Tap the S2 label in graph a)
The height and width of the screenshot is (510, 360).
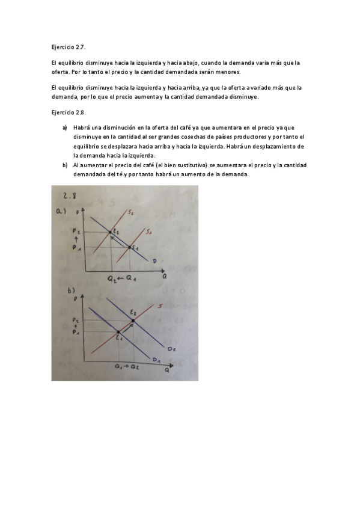[130, 212]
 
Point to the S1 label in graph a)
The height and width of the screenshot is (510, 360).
[148, 230]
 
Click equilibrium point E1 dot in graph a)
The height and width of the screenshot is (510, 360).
[130, 247]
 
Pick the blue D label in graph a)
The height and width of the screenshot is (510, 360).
[154, 260]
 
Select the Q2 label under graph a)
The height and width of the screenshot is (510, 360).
[112, 278]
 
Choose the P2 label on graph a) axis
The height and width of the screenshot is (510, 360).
[75, 232]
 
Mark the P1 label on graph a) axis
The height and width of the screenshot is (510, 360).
[75, 247]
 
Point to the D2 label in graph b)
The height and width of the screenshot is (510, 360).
[171, 348]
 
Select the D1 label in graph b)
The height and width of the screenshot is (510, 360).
[155, 359]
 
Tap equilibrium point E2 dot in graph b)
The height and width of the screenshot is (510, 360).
[133, 321]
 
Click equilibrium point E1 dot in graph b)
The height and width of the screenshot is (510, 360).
[118, 331]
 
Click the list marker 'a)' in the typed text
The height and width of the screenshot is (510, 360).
[65, 128]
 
